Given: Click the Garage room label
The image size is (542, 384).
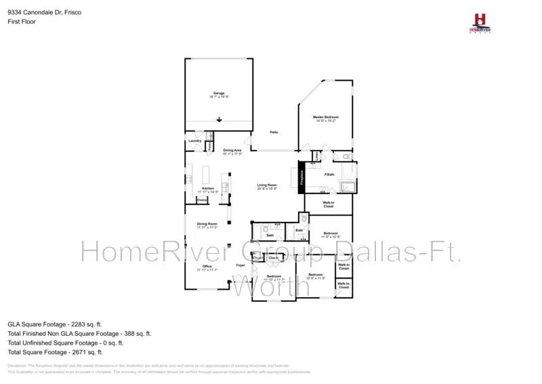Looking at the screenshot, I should coord(218,93).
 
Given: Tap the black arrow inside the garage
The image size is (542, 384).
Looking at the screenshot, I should coord(219,120).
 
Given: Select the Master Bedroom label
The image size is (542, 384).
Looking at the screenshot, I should coord(325,117).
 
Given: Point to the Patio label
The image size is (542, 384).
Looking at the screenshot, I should coord(274,132).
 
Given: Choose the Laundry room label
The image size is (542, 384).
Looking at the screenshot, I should coord(195,141).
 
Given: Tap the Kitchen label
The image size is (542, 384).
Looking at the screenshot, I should coord(208,188).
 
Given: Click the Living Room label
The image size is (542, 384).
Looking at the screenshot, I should coord(267,185).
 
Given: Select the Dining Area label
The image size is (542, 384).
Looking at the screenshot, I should coord(232,151).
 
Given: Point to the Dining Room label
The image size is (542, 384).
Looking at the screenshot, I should coord(207,224).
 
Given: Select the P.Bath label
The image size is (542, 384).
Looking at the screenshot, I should coord(329,176).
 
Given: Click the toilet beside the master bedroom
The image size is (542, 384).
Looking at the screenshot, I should coord(346,157).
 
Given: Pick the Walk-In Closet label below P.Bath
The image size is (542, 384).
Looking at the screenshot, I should coord(329,204).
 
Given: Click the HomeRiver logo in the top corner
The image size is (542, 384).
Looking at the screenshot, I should coord(480,22).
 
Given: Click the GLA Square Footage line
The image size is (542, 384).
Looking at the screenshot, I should coord(55,324).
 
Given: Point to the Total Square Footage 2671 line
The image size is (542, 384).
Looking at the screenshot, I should coord(56,352).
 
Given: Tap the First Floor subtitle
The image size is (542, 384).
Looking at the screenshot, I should coord(21,21).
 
